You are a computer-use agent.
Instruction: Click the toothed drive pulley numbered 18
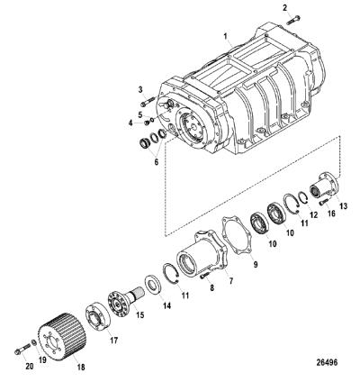tap(62, 334)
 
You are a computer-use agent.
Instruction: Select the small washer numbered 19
tap(34, 341)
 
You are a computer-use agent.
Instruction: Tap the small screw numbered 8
tap(205, 275)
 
